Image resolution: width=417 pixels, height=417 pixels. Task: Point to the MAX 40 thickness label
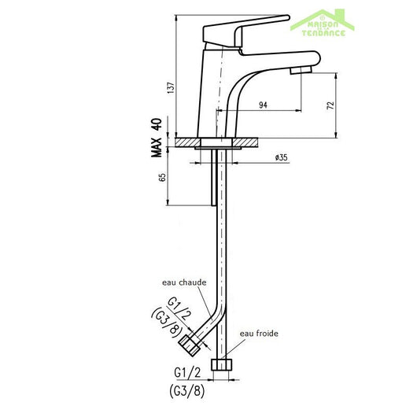pyautogui.click(x=157, y=138)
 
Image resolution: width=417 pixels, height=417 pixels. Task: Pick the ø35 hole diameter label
pyautogui.click(x=282, y=157)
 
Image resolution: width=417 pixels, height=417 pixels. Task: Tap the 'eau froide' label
pyautogui.click(x=259, y=333)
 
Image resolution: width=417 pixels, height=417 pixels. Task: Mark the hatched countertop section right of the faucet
pyautogui.click(x=251, y=142)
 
